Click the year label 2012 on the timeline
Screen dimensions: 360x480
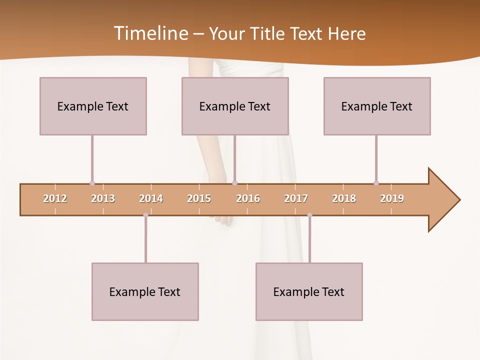pos(55,198)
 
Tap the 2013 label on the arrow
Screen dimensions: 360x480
pos(103,198)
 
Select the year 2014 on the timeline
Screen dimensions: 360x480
pos(151,198)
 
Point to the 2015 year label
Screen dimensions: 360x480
pos(199,198)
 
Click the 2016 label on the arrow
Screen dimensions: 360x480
pos(248,198)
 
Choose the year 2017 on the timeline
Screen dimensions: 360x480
pos(296,198)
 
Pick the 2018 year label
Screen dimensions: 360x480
pos(344,198)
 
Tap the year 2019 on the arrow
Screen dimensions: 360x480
pos(392,198)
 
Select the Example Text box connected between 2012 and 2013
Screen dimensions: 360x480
pos(93,106)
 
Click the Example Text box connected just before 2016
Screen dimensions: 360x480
pos(235,106)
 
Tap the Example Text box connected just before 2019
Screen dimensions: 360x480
pos(377,106)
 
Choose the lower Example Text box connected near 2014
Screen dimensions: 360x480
pos(145,291)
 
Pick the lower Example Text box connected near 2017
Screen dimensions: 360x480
pos(309,291)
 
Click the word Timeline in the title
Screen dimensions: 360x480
pos(150,33)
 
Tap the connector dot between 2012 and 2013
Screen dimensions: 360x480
pos(92,183)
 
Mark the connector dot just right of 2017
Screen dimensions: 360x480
pos(309,215)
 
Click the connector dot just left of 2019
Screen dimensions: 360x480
pos(376,183)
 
